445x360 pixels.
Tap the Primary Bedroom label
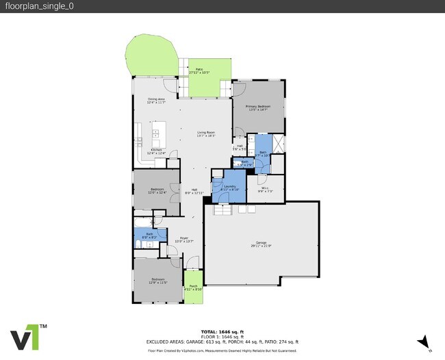click(x=259, y=108)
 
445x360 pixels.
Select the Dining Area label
click(x=157, y=101)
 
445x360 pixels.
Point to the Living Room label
click(x=206, y=134)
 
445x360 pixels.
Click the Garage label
click(x=261, y=246)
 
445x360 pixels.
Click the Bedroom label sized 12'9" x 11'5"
click(x=157, y=281)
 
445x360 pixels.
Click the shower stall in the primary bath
click(x=278, y=144)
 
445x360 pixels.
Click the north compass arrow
click(x=425, y=341)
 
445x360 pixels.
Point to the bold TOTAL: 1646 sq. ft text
click(x=222, y=332)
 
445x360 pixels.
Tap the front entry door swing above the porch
click(x=192, y=263)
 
